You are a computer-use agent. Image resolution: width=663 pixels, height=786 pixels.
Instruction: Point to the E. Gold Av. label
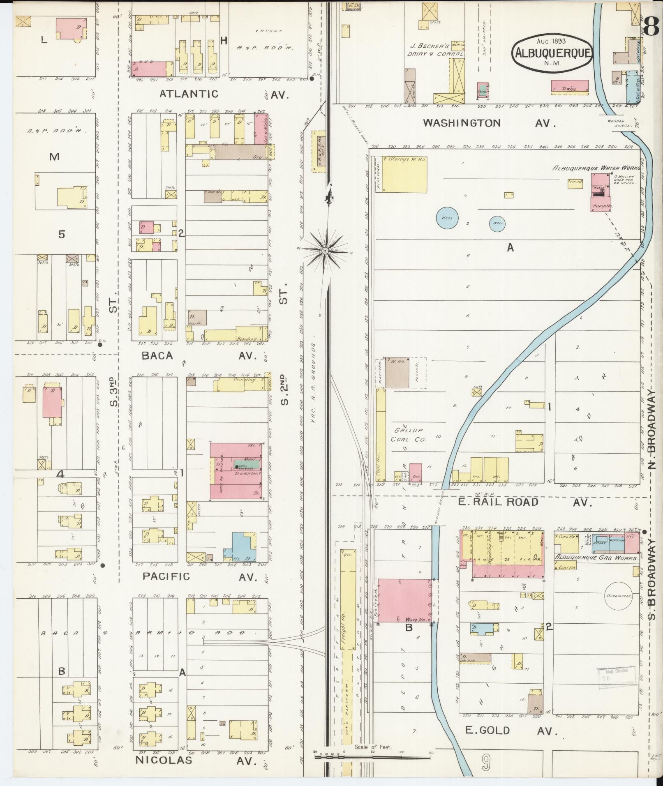click(x=511, y=730)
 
